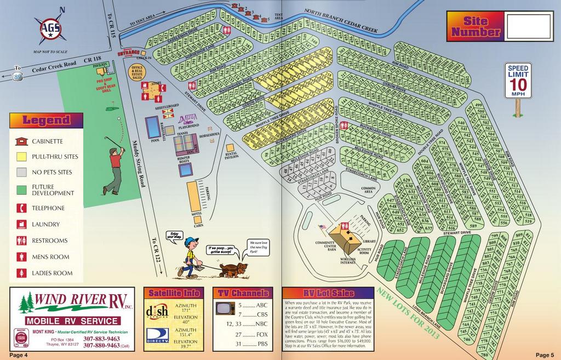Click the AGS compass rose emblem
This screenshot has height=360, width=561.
[50, 28]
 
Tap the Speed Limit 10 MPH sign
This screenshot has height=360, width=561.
[518, 81]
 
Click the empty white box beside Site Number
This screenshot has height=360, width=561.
[530, 27]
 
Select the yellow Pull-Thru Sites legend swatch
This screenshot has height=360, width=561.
[21, 156]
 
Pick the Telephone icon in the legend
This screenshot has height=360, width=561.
[21, 208]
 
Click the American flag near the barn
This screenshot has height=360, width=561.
[322, 227]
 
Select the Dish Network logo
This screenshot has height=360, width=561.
[158, 311]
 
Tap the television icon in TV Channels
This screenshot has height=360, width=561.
[225, 308]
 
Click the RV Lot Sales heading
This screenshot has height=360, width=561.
[328, 293]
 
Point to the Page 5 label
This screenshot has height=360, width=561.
[545, 355]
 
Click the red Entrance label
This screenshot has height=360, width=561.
[129, 53]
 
